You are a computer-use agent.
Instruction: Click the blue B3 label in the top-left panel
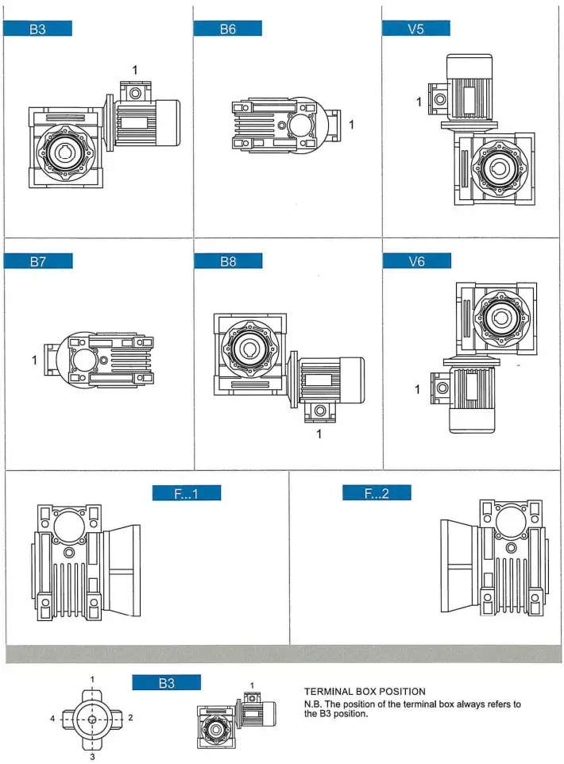pyautogui.click(x=38, y=29)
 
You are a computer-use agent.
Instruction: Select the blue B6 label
pyautogui.click(x=227, y=29)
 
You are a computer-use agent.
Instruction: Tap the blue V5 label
pyautogui.click(x=416, y=29)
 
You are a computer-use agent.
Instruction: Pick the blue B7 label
pyautogui.click(x=38, y=261)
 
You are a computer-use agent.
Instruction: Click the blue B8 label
pyautogui.click(x=227, y=261)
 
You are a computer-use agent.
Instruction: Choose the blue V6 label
pyautogui.click(x=416, y=261)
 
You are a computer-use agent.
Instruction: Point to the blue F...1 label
pyautogui.click(x=186, y=493)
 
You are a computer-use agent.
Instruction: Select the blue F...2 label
pyautogui.click(x=377, y=493)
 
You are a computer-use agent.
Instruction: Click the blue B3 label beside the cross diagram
pyautogui.click(x=166, y=683)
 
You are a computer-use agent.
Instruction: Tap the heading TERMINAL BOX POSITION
pyautogui.click(x=365, y=692)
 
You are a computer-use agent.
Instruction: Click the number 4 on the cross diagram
pyautogui.click(x=53, y=718)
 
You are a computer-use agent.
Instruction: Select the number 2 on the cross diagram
pyautogui.click(x=130, y=717)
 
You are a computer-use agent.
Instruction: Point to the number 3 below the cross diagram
pyautogui.click(x=92, y=757)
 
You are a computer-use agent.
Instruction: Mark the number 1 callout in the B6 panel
pyautogui.click(x=351, y=125)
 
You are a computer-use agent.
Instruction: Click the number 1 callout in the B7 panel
pyautogui.click(x=34, y=360)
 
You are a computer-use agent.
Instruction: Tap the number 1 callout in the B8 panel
pyautogui.click(x=319, y=434)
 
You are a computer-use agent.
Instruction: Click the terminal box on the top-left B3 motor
pyautogui.click(x=135, y=93)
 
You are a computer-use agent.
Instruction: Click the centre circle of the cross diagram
pyautogui.click(x=92, y=720)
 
